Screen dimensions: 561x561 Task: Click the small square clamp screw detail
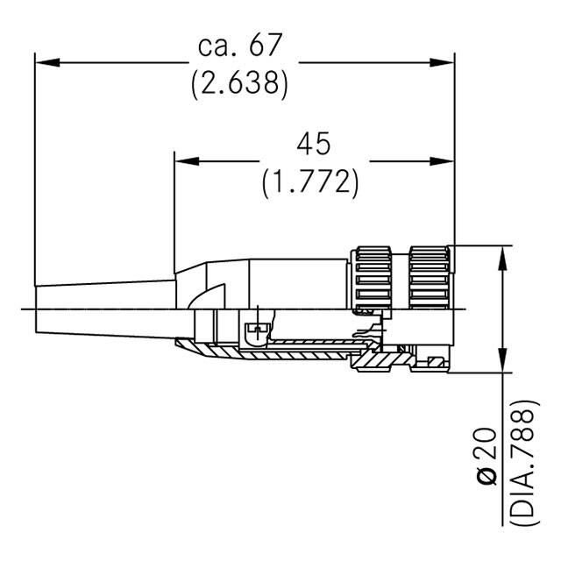(255, 332)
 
